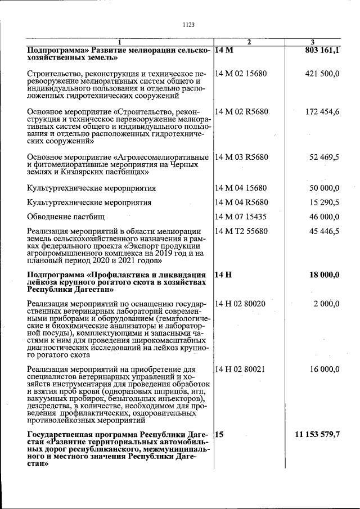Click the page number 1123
click(188, 25)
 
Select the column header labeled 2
click(249, 43)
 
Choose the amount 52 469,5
click(324, 157)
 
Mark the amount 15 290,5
click(324, 202)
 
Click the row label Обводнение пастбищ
click(66, 216)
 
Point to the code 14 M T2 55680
click(241, 231)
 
